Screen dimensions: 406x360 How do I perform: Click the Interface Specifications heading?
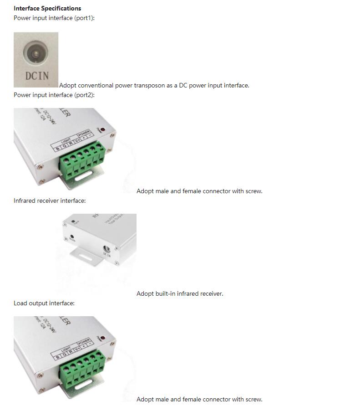[47, 8]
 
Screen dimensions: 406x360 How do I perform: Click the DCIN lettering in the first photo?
[36, 76]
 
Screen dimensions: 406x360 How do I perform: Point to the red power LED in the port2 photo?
[103, 130]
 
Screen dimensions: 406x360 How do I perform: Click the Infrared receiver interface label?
[50, 200]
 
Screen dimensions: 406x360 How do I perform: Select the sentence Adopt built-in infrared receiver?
[180, 293]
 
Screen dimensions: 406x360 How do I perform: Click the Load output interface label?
[44, 303]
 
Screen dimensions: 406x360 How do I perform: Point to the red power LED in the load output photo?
[103, 339]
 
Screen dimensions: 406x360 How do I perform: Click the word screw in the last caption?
[254, 399]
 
